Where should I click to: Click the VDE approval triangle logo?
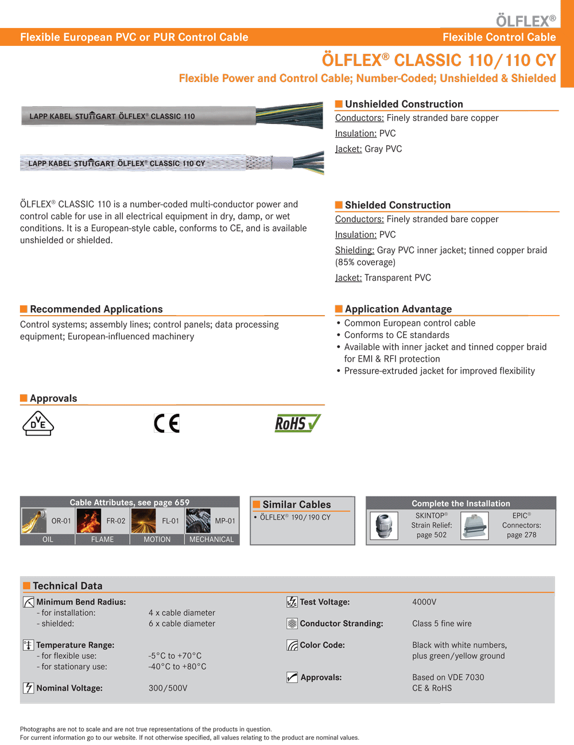pos(38,424)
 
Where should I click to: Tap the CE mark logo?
pos(167,424)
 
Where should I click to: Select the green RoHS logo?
pos(297,424)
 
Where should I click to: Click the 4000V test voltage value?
pos(424,602)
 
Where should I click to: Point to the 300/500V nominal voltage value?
pos(168,688)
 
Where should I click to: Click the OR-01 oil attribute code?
pos(61,521)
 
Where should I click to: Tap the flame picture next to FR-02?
pos(89,521)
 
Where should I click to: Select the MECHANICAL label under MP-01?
pos(211,540)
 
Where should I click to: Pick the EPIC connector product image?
pos(475,526)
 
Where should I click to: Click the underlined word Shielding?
pos(354,250)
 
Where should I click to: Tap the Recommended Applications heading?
pos(96,309)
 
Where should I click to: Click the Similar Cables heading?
pos(296,505)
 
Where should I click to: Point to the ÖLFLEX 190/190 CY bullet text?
pos(295,518)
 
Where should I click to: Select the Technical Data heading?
pos(67,586)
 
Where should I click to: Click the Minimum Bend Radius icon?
pos(28,602)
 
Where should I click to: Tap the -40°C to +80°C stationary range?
pos(177,667)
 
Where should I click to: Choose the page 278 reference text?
pos(521,535)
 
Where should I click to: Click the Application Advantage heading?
pos(398,309)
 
